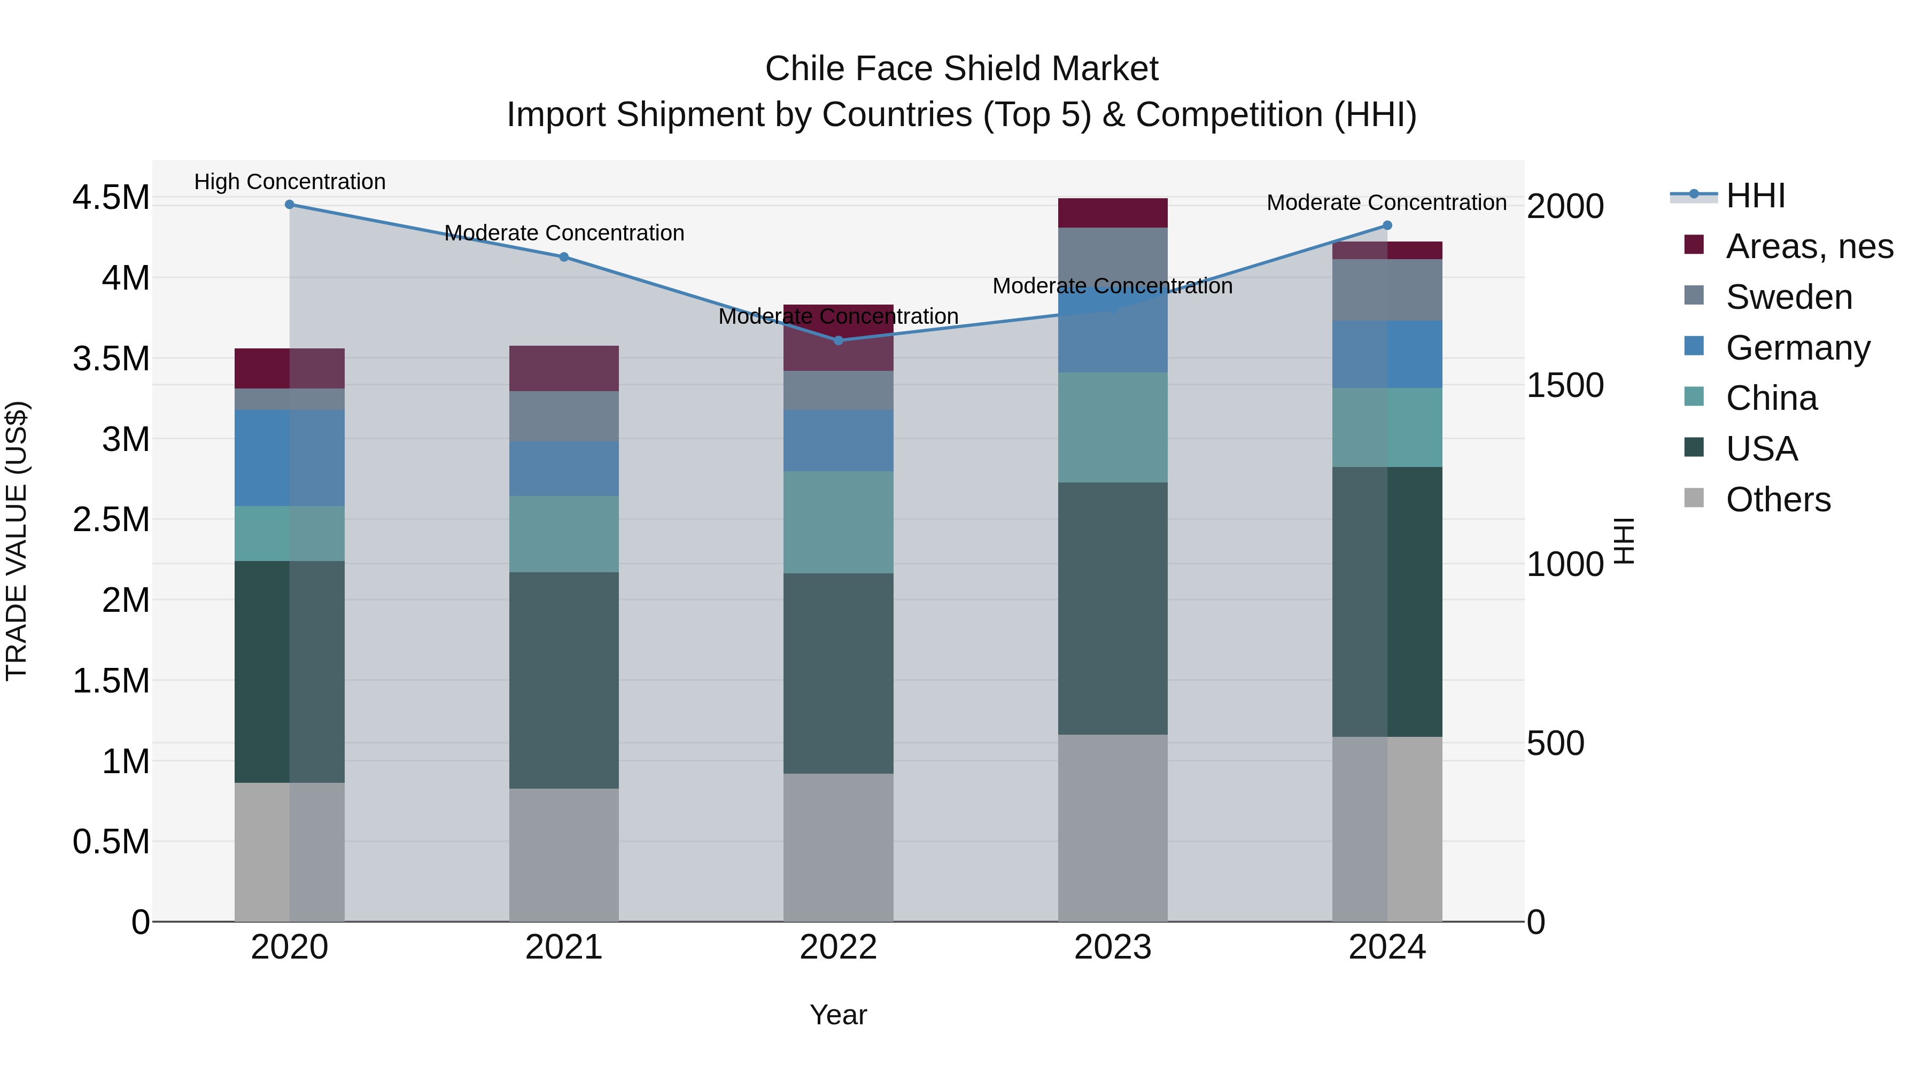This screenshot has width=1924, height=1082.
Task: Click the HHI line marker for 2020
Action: coord(290,205)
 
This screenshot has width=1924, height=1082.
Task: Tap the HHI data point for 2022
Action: coord(838,340)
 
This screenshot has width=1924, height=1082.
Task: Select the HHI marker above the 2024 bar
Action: coord(1387,225)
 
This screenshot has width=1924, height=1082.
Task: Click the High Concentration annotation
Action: coord(290,182)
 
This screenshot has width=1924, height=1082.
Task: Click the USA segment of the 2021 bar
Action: coord(564,680)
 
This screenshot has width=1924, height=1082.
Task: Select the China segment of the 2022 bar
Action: coord(838,522)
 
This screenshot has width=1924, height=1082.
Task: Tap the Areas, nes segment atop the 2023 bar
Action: coord(1113,213)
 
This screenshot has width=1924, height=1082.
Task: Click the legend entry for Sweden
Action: coord(1788,297)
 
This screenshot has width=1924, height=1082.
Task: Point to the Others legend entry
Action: coord(1778,500)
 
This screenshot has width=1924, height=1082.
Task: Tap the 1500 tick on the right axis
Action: coord(1565,385)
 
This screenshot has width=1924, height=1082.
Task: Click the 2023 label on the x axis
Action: coord(1113,947)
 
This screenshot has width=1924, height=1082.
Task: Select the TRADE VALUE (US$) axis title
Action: coord(17,541)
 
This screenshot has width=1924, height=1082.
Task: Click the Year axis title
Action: coord(838,1015)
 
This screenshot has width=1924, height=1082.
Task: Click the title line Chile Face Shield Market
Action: coord(961,69)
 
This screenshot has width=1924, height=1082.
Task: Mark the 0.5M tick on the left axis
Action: coord(111,842)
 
